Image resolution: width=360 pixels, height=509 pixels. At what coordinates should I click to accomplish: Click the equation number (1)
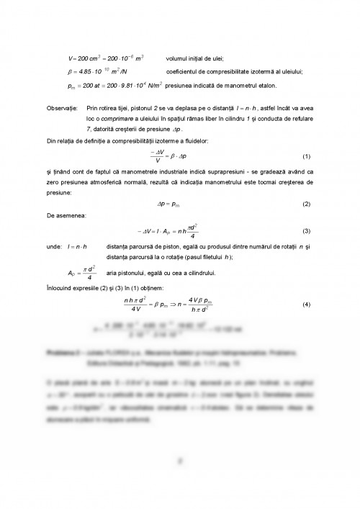(306, 156)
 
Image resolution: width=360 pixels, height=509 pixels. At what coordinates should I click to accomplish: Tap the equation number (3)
(306, 231)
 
